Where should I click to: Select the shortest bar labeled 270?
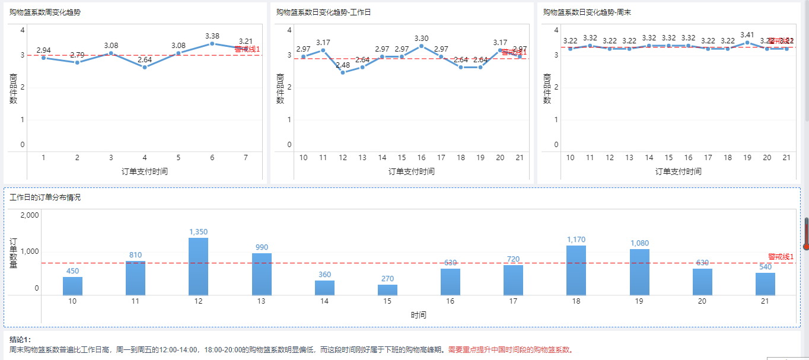tap(387, 290)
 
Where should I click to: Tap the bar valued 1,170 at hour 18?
tap(576, 270)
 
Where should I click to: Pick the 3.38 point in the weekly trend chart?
tap(212, 43)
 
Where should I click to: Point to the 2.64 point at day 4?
tap(145, 67)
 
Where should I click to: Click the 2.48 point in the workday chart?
tap(343, 72)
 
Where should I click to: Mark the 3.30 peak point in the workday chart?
tap(421, 46)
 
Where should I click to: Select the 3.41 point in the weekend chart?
tap(747, 43)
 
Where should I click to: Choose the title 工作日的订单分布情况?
tap(45, 197)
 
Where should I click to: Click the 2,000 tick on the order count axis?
tap(30, 215)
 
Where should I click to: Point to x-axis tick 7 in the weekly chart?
tap(245, 158)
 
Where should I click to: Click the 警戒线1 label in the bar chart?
tap(781, 257)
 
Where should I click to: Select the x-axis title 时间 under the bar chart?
tap(418, 315)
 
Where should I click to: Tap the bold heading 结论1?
tap(20, 340)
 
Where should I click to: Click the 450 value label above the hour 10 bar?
tap(72, 271)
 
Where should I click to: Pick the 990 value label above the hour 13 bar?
tap(262, 247)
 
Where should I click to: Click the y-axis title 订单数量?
tap(13, 253)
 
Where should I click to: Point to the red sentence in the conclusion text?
tap(511, 350)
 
